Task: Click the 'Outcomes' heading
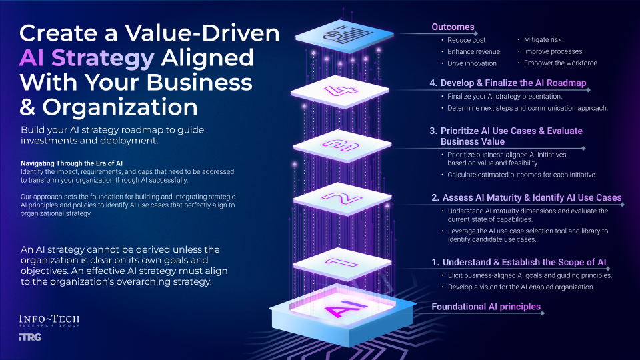coord(453,27)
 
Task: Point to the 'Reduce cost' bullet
coord(467,40)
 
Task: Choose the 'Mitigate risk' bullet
coord(543,40)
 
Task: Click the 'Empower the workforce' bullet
coord(560,63)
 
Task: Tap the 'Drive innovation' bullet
coord(471,63)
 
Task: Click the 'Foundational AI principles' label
coord(486,307)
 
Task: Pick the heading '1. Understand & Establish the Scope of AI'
coord(524,262)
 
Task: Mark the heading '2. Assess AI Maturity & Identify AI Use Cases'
coord(526,198)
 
